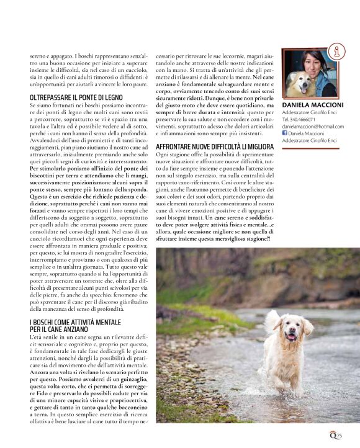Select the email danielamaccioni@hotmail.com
click(x=313, y=126)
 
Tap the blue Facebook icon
click(x=285, y=133)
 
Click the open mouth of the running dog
click(x=291, y=339)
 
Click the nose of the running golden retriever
click(x=290, y=333)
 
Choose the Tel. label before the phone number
click(x=286, y=119)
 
